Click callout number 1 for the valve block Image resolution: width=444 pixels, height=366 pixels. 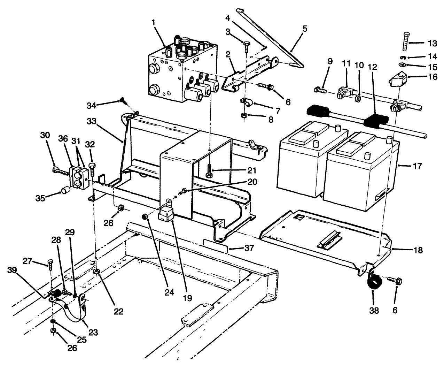[153, 22]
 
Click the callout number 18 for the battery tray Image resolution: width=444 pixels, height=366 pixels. [419, 250]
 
